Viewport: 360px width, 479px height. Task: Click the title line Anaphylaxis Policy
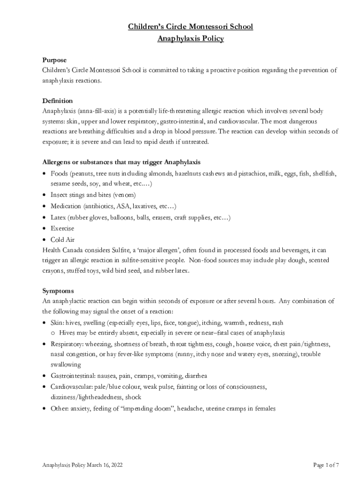coord(190,38)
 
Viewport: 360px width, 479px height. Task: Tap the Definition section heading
coord(57,101)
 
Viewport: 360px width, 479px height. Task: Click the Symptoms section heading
coord(58,290)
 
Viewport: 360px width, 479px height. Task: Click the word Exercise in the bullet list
coord(62,228)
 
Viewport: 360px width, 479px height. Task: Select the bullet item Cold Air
coord(62,239)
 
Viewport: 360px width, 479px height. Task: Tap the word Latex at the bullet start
coord(58,218)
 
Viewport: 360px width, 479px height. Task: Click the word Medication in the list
coord(66,206)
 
